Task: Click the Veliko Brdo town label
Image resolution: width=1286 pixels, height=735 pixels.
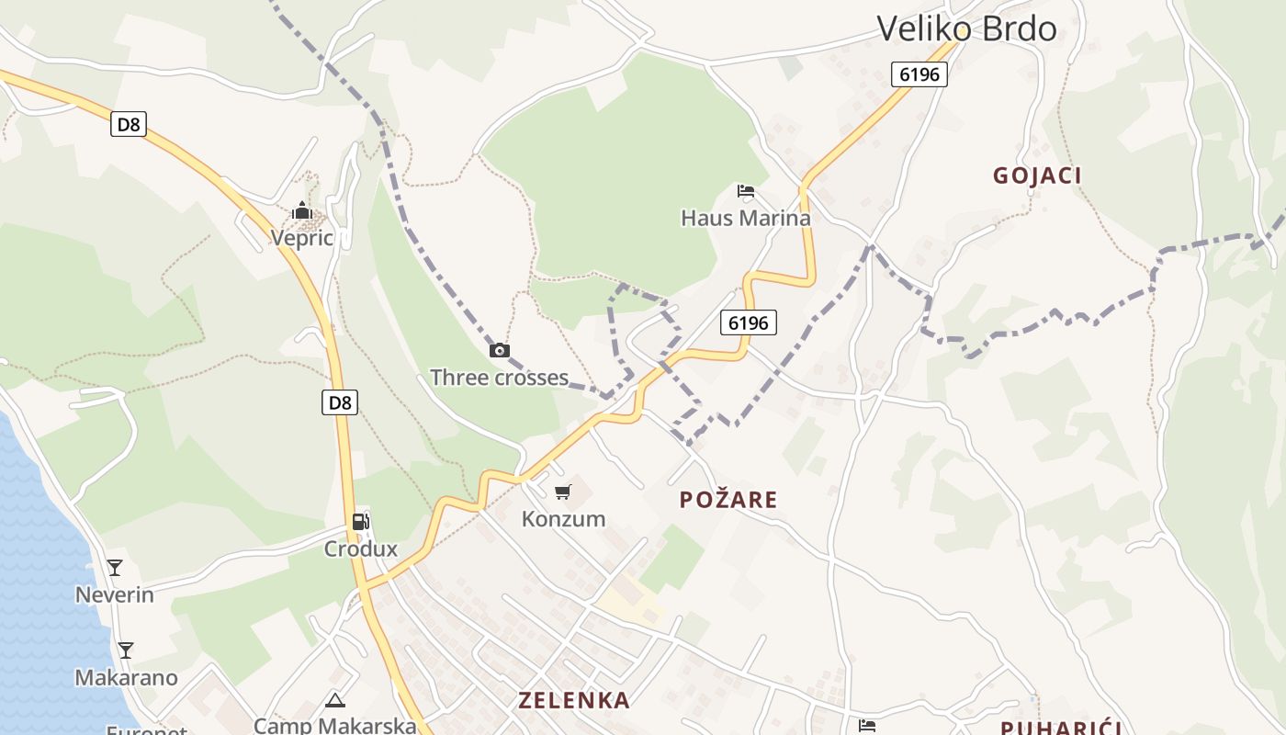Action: tap(966, 28)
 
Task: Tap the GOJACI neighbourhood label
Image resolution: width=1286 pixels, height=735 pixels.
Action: tap(1037, 175)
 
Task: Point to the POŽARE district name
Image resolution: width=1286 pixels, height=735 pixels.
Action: tap(728, 500)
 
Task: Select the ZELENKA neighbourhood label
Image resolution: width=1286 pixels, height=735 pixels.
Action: tap(574, 700)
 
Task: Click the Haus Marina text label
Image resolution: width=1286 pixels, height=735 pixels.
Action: tap(746, 218)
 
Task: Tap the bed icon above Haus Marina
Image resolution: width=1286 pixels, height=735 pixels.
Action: tap(746, 191)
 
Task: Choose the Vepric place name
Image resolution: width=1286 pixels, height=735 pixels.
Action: tap(301, 238)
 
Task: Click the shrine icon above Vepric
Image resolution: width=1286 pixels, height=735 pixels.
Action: tap(301, 211)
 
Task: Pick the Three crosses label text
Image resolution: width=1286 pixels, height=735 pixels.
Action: tap(499, 378)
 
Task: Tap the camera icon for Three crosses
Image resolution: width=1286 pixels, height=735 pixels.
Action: tap(499, 350)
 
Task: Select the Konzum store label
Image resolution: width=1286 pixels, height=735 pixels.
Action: tap(563, 519)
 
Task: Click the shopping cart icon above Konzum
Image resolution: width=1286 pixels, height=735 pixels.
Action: tap(563, 492)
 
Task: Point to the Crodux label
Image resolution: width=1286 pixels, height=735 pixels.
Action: tap(360, 549)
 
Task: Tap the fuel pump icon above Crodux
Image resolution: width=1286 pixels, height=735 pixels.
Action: tap(360, 522)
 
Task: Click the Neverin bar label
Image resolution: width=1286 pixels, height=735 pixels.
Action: tap(114, 594)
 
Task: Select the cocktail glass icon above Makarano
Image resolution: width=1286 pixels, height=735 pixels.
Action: tap(126, 650)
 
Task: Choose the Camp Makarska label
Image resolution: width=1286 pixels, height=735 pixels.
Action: tap(334, 726)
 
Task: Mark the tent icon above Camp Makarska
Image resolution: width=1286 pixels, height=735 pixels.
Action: tap(335, 700)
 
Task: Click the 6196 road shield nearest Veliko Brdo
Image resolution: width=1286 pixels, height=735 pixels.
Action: tap(919, 74)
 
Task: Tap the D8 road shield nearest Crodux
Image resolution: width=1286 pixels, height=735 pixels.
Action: tap(340, 401)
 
